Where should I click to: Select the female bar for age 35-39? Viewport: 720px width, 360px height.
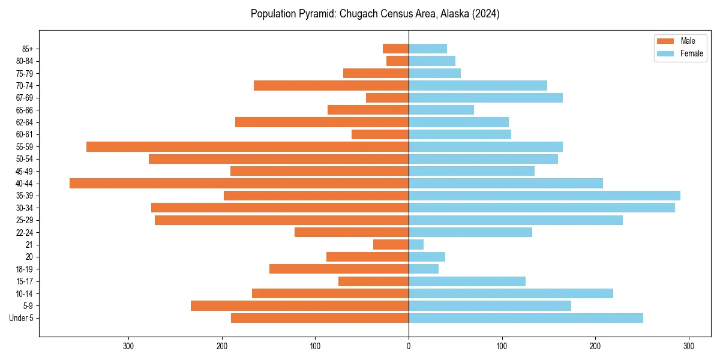pos(544,196)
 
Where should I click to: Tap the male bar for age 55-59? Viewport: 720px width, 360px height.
pos(247,147)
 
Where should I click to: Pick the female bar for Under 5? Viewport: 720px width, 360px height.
pos(526,318)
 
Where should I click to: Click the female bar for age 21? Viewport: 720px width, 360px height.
pos(416,245)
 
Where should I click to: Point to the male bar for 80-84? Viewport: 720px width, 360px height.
pos(397,61)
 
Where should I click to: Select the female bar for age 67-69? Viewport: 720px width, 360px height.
pos(485,98)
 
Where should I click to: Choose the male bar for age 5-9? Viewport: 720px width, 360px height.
pos(299,306)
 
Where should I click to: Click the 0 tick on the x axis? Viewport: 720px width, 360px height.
pos(409,346)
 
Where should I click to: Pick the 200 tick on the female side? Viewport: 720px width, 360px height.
pos(595,346)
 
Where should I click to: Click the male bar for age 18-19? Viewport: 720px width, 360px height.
pos(339,269)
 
